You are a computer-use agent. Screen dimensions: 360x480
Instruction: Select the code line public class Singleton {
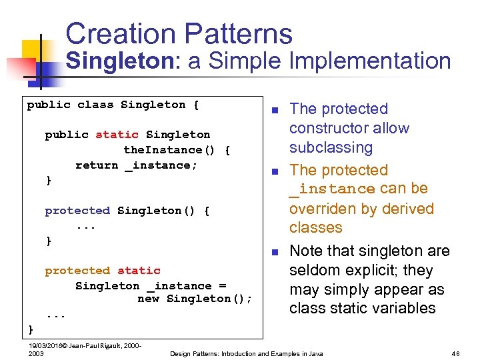113,105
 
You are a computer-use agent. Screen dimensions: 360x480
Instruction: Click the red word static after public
117,135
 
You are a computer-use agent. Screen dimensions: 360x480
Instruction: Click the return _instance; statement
136,165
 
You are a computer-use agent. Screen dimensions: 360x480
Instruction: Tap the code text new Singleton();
195,299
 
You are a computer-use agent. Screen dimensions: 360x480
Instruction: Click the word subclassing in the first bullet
331,147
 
